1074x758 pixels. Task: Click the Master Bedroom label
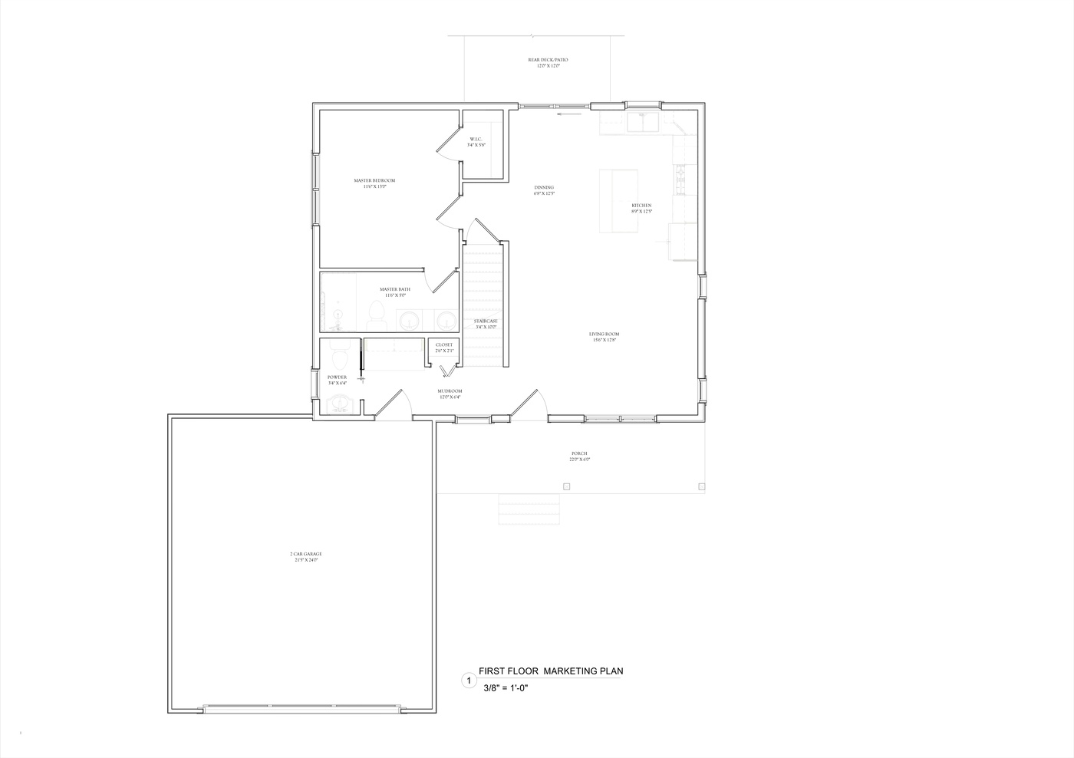374,183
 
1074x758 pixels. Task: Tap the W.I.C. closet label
476,141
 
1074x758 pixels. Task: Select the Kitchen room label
641,208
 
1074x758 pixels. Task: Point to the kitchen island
618,201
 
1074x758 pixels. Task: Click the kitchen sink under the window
643,122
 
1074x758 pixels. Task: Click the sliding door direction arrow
569,114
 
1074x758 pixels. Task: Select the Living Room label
604,336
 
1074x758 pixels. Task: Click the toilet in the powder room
339,355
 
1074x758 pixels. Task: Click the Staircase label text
486,323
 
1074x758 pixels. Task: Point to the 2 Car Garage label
305,556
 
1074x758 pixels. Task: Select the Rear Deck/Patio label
548,62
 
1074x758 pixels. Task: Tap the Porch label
579,456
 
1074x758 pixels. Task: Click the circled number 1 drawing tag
466,680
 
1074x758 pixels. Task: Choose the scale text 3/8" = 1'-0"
506,688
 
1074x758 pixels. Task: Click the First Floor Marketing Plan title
550,671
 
